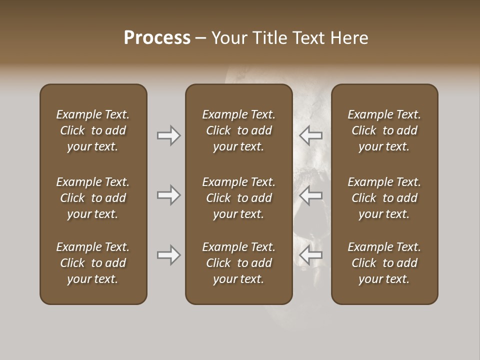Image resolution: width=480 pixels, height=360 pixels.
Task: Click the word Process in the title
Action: [157, 38]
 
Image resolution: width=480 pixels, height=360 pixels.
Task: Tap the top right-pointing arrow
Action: [168, 135]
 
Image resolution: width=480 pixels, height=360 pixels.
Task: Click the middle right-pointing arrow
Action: [168, 195]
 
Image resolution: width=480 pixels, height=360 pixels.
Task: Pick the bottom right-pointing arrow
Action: [168, 255]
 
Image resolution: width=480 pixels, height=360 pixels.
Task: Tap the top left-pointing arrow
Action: [311, 135]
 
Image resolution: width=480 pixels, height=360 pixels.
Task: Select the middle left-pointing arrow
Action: [311, 195]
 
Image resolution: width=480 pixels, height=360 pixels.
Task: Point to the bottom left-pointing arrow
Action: [311, 255]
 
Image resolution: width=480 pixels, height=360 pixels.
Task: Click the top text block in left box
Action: [93, 130]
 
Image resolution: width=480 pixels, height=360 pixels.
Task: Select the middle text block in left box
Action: [93, 198]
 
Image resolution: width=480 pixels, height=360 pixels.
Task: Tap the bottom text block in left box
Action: [93, 263]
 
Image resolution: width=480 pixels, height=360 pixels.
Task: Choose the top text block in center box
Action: [238, 130]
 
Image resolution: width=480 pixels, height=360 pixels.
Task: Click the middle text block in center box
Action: [238, 198]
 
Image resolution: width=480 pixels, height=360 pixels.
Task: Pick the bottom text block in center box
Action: [238, 263]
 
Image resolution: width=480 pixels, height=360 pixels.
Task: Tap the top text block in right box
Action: [384, 130]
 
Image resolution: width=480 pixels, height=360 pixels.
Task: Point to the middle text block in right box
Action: [384, 198]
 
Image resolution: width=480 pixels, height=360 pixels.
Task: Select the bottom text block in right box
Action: [384, 263]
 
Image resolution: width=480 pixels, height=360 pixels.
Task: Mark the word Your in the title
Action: [228, 38]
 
